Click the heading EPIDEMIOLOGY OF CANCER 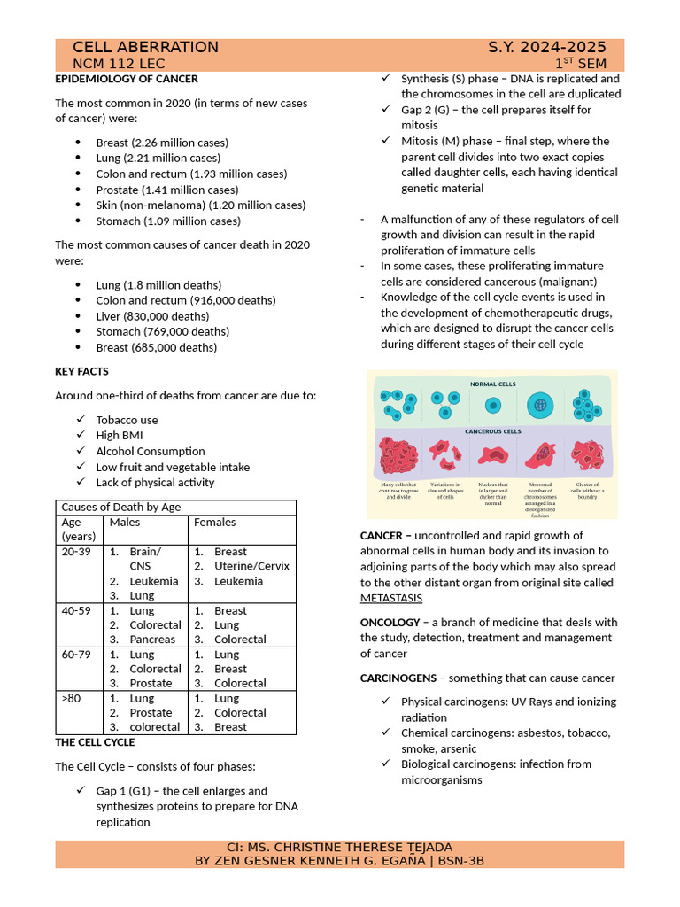pos(127,79)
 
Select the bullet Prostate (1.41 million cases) pos(166,190)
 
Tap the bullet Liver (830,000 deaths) pos(152,316)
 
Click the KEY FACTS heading pos(82,371)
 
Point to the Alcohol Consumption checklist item pos(150,451)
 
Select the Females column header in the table pos(214,522)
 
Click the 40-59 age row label pos(76,610)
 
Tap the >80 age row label pos(71,698)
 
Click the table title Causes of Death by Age pos(120,507)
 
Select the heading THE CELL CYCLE pos(96,742)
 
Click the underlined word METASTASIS pos(391,599)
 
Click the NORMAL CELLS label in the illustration pos(492,384)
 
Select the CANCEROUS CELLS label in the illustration pos(492,431)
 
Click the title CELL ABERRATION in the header pos(145,48)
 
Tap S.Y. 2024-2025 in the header pos(546,48)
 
